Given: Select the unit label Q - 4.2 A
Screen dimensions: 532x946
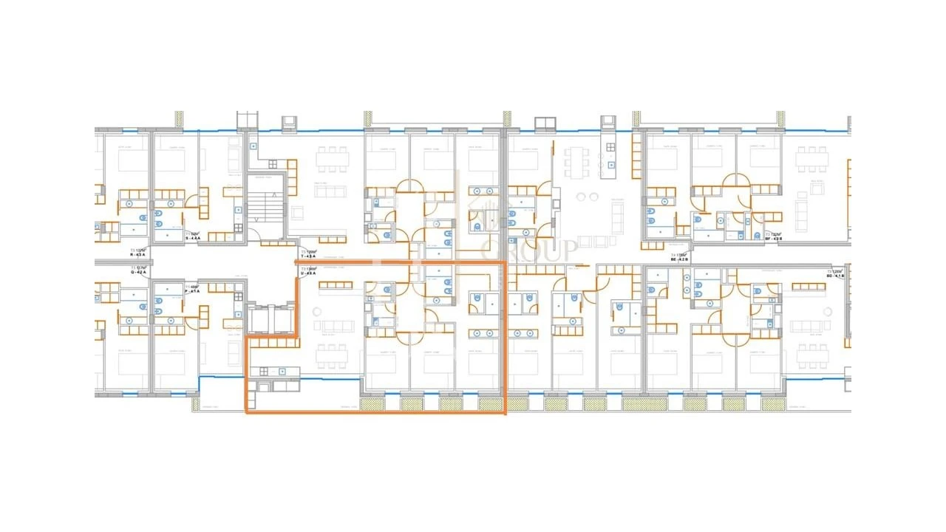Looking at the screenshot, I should coord(138,271).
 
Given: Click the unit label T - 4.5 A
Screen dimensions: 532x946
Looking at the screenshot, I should coord(308,255).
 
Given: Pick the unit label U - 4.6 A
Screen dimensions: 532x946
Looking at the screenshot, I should coord(308,273).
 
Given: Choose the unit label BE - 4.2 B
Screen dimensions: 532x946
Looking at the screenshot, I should coord(678,259).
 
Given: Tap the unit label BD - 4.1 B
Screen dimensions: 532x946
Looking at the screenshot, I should coord(834,276).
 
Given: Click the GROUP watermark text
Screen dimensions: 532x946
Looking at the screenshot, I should coord(529,250).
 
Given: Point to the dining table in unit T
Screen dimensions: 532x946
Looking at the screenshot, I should coord(332,158).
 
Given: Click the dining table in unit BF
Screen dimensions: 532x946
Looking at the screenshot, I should coord(811,158).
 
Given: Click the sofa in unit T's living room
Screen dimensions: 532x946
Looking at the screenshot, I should coord(330,192).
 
